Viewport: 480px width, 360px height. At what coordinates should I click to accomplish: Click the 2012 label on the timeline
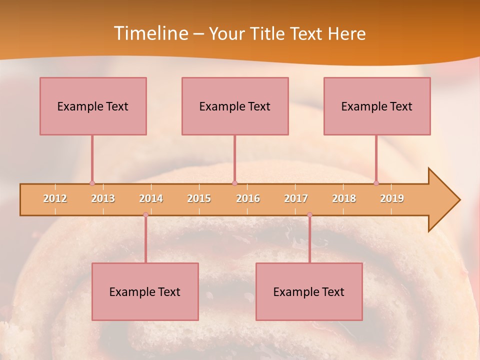[x=55, y=198]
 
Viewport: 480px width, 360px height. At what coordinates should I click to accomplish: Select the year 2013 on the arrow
[x=103, y=198]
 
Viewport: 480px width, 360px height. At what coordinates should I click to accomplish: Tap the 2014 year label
[x=151, y=198]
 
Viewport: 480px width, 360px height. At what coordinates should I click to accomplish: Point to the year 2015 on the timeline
[x=199, y=198]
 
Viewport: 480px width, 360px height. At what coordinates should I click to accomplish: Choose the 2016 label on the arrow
[x=248, y=198]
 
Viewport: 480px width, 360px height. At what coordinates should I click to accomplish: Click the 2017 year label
[x=296, y=198]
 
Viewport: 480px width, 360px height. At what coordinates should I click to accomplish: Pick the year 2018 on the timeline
[x=344, y=198]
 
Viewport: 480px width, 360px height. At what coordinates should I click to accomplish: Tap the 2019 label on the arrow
[x=392, y=198]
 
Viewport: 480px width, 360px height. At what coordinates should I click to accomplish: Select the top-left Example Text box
[x=93, y=106]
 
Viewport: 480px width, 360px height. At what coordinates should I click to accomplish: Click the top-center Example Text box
[x=235, y=106]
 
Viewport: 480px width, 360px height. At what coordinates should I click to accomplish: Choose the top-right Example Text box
[x=377, y=106]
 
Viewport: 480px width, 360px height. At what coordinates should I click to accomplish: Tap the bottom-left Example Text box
[x=145, y=291]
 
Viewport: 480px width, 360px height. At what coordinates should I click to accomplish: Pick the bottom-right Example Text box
[x=309, y=291]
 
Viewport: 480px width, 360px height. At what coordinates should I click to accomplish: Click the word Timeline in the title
[x=150, y=33]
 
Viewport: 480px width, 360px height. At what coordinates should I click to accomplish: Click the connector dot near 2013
[x=92, y=183]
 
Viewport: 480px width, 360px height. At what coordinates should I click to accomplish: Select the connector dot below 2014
[x=145, y=214]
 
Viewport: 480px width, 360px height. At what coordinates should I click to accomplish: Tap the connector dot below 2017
[x=309, y=214]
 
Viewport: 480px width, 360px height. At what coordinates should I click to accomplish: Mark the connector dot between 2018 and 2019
[x=376, y=183]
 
